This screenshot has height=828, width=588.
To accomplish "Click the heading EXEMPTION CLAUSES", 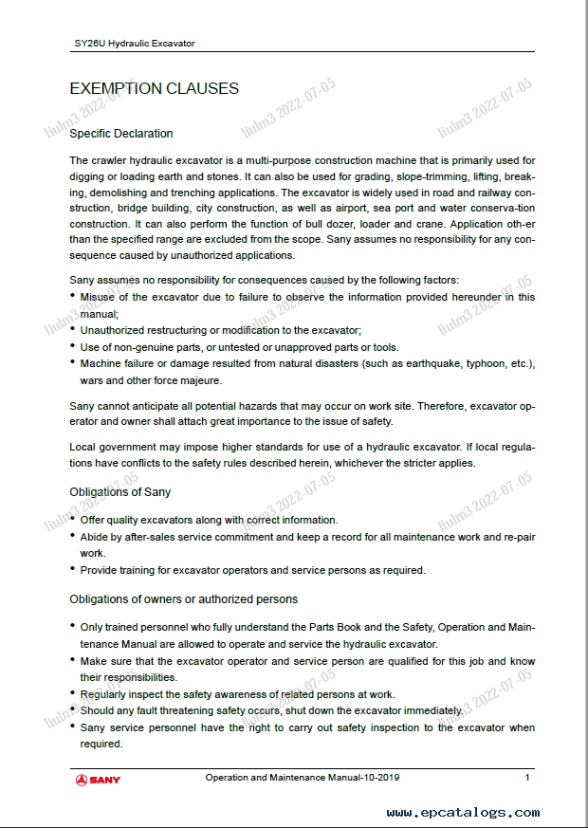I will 154,89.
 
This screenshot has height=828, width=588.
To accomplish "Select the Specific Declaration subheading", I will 121,134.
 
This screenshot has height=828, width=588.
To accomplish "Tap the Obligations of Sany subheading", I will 120,491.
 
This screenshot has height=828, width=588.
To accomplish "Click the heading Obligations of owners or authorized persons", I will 184,598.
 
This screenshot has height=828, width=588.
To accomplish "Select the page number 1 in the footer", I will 527,778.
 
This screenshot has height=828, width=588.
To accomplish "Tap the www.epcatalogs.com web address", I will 463,812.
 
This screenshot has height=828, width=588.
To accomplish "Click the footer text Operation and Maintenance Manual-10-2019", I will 303,778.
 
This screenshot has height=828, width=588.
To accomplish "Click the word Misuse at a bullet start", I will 99,297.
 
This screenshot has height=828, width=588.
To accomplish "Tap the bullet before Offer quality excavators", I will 73,520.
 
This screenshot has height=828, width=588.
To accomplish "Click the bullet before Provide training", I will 73,570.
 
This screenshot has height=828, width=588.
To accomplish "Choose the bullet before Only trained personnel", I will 73,627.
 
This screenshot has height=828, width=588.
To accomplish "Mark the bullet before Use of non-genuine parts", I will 73,347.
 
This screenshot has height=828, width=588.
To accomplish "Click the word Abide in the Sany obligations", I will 95,537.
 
